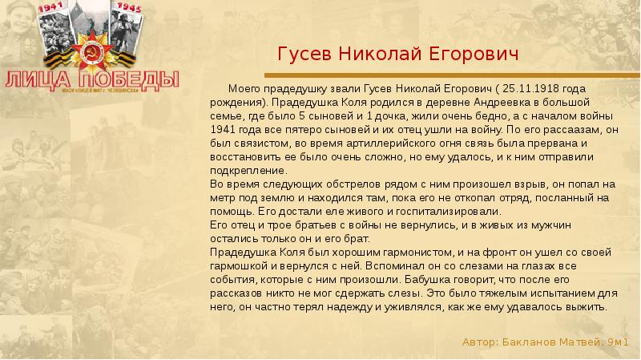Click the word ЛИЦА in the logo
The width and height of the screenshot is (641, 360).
point(37,79)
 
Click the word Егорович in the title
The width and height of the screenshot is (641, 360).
point(475,55)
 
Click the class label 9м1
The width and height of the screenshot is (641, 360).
point(617,342)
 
